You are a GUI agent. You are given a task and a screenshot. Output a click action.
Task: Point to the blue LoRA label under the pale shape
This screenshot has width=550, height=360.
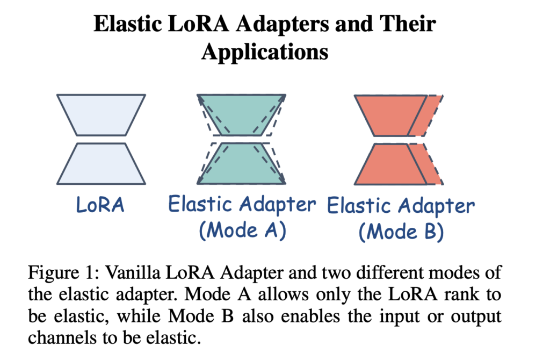click(x=100, y=205)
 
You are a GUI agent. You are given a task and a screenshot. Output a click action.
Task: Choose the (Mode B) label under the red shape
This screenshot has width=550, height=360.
click(x=401, y=231)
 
